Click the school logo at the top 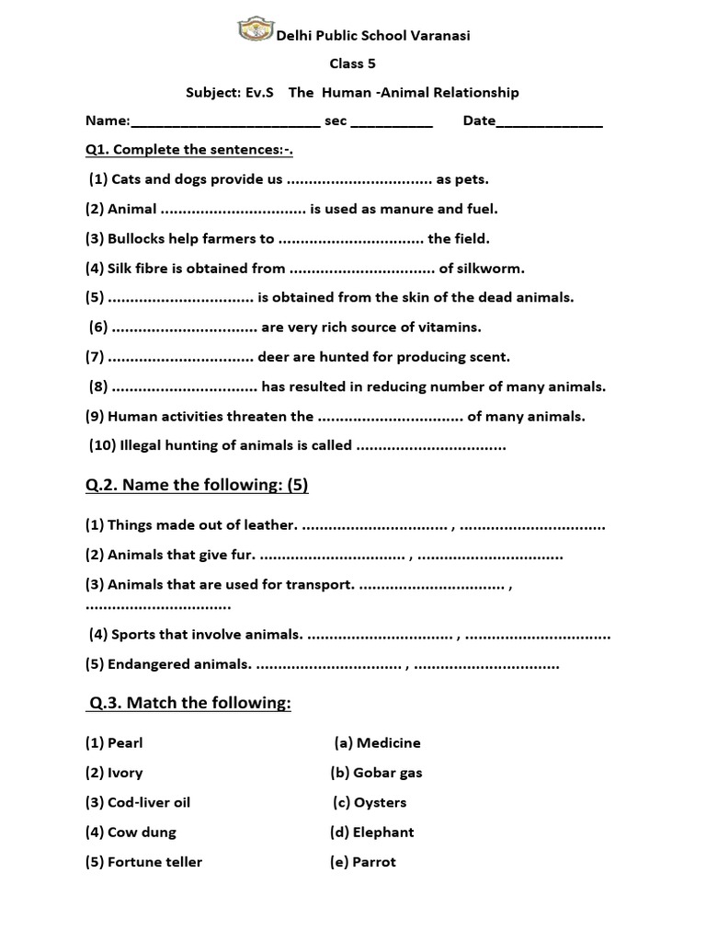click(x=256, y=29)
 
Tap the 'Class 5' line click(x=353, y=63)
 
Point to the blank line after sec click(x=392, y=123)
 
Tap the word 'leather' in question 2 click(x=271, y=525)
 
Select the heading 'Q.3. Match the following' click(x=189, y=704)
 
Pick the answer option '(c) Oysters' click(x=370, y=802)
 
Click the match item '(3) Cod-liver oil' click(x=138, y=802)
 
